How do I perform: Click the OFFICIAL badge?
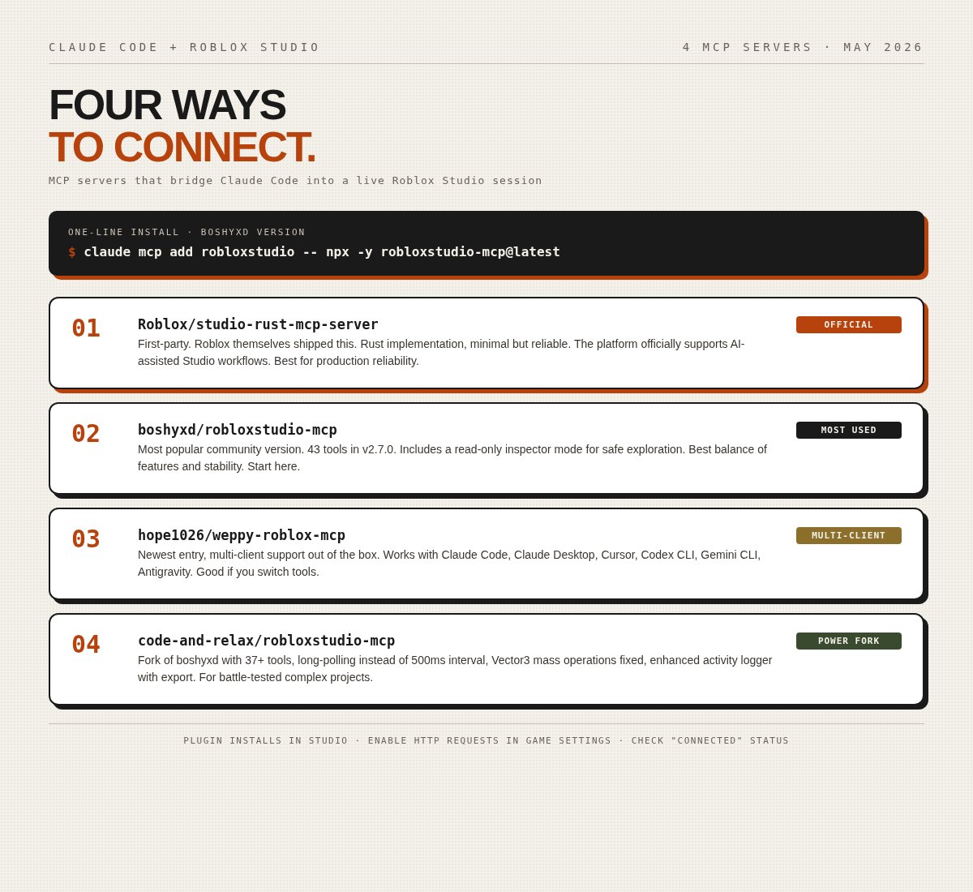(x=848, y=324)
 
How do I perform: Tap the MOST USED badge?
(x=848, y=430)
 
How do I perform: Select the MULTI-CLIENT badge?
(x=848, y=535)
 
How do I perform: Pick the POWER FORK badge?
(x=848, y=641)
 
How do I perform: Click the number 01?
(x=86, y=328)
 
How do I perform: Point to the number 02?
(x=86, y=433)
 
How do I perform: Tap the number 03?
(x=86, y=538)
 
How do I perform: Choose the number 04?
(x=86, y=644)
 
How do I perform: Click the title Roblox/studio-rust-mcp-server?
(x=258, y=324)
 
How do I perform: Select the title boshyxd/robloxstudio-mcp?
(x=238, y=430)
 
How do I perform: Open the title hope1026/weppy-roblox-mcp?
(x=242, y=535)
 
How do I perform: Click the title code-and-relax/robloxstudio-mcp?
(x=266, y=641)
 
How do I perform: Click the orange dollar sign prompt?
(x=72, y=252)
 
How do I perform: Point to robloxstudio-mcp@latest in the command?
(x=470, y=252)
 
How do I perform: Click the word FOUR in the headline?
(x=105, y=105)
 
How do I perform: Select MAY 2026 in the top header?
(x=882, y=47)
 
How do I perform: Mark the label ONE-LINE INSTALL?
(x=124, y=232)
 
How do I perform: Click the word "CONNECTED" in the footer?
(x=707, y=740)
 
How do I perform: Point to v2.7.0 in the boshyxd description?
(x=379, y=449)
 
